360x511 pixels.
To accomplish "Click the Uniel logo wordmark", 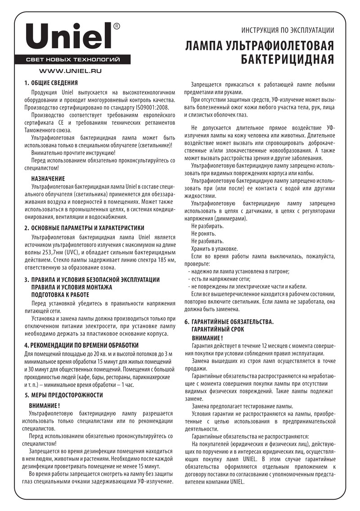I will pyautogui.click(x=68, y=36).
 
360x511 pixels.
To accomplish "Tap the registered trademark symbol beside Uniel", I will pyautogui.click(x=117, y=27).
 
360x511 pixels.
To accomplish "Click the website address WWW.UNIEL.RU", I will pyautogui.click(x=70, y=71).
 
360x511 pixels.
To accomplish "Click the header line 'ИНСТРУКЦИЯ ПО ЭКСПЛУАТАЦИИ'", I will pyautogui.click(x=288, y=31).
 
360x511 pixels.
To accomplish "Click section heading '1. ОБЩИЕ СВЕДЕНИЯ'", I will pyautogui.click(x=51, y=83).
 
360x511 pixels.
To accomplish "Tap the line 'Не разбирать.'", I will pyautogui.click(x=203, y=226).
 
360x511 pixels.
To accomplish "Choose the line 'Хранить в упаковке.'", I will pyautogui.click(x=215, y=249).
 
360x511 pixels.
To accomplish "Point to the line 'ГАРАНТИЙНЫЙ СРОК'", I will pyautogui.click(x=220, y=330).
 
